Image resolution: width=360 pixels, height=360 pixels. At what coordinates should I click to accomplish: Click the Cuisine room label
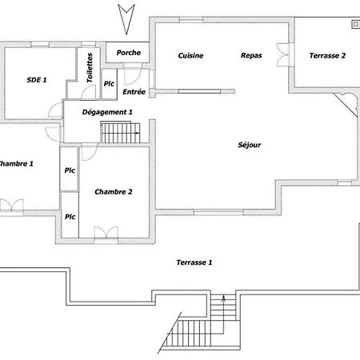(x=190, y=55)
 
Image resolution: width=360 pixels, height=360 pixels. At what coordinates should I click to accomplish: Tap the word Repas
(x=251, y=55)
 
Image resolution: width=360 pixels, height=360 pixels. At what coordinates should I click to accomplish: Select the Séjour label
(x=250, y=145)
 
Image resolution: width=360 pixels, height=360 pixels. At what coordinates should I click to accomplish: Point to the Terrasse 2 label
(x=327, y=55)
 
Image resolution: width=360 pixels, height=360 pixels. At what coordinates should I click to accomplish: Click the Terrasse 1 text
(x=194, y=262)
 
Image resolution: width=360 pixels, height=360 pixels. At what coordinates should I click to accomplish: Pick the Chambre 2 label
(x=114, y=192)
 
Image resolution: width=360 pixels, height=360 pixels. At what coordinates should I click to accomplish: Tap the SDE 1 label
(x=37, y=80)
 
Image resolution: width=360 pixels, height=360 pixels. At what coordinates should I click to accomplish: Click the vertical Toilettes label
(x=90, y=68)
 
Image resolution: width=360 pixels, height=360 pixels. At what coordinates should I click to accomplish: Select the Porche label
(x=129, y=53)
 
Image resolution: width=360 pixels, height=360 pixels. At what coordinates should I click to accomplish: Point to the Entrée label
(x=134, y=92)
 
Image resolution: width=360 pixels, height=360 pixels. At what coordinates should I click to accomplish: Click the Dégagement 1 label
(x=107, y=112)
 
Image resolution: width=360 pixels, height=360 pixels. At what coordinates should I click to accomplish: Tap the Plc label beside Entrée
(x=109, y=84)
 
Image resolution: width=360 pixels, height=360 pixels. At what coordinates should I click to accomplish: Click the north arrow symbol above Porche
(x=126, y=19)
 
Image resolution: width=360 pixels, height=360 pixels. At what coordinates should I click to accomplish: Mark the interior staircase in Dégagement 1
(x=121, y=132)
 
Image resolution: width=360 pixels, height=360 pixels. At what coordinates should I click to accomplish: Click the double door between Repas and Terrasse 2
(x=283, y=54)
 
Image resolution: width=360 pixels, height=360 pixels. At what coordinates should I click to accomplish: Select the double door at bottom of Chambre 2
(x=106, y=233)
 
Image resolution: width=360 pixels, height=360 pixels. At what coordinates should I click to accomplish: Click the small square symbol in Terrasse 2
(x=356, y=24)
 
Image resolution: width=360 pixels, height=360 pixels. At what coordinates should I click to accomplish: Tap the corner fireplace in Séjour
(x=347, y=104)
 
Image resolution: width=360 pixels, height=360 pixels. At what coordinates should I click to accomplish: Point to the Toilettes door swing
(x=88, y=92)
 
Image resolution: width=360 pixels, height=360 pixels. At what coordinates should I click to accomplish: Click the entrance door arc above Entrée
(x=132, y=74)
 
